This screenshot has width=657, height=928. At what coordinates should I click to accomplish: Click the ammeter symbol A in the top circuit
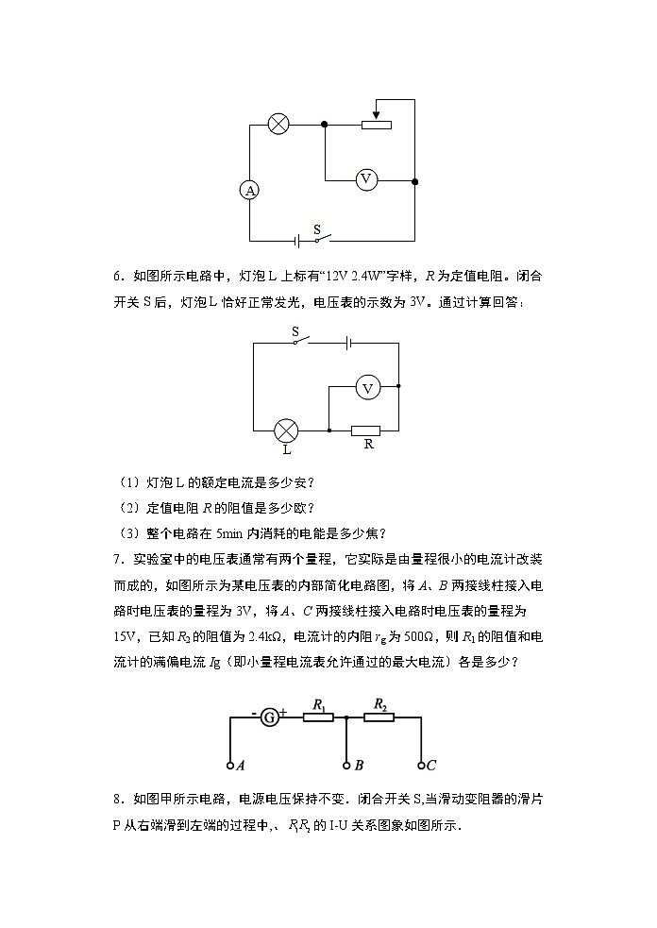click(250, 191)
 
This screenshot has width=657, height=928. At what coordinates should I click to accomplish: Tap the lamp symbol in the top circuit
click(278, 124)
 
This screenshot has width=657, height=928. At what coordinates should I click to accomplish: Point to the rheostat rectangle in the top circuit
click(377, 124)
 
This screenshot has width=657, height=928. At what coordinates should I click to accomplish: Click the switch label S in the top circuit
click(316, 229)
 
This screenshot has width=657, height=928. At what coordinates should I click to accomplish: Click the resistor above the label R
click(365, 430)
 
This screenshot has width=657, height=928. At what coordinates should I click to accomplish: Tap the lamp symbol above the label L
click(286, 431)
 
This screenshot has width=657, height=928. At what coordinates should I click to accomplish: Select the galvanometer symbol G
click(270, 717)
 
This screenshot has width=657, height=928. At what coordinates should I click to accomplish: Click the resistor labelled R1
click(318, 717)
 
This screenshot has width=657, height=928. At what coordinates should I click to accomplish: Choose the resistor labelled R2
click(379, 717)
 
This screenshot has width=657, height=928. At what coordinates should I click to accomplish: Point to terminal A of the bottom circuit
click(229, 765)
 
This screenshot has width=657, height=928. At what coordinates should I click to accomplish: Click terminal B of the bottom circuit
click(346, 765)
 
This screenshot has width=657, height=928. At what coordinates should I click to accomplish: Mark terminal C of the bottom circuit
click(421, 765)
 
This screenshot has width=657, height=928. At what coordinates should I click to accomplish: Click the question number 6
click(118, 277)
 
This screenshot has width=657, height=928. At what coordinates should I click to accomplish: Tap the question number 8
click(118, 798)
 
